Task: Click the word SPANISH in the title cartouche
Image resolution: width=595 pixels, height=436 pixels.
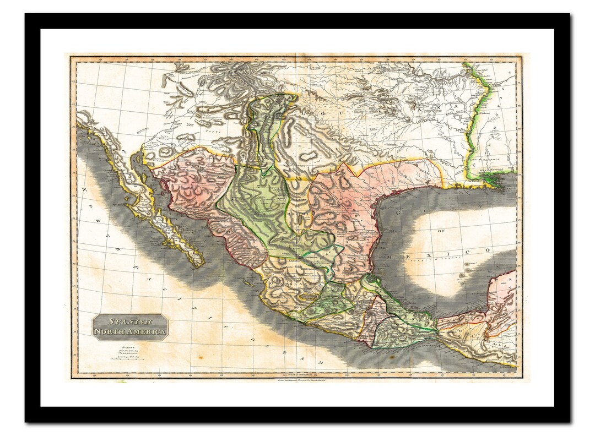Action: point(129,321)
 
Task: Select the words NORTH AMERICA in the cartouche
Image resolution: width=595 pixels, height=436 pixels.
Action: point(129,331)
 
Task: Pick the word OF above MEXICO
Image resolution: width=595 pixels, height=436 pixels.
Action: point(440,231)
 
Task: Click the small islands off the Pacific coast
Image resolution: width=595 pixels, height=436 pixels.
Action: point(248,284)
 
